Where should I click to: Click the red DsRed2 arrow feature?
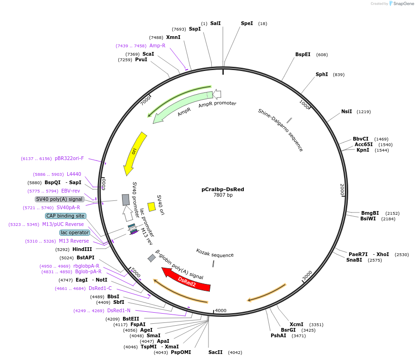click(187, 280)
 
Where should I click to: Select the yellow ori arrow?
click(134, 153)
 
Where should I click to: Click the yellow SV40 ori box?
click(151, 206)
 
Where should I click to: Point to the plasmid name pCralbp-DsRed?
click(223, 189)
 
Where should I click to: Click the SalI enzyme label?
click(215, 23)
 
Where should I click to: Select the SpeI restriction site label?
click(247, 23)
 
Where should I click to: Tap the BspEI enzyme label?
click(303, 54)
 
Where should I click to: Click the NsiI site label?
click(346, 111)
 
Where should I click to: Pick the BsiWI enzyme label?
click(368, 219)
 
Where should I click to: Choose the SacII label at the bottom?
click(215, 352)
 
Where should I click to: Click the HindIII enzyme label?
click(82, 249)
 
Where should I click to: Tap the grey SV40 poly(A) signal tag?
click(59, 199)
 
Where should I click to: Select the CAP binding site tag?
click(65, 216)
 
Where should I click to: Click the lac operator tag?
click(75, 232)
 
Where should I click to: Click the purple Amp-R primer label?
click(157, 45)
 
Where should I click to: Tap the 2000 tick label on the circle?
click(342, 189)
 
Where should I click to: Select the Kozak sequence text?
click(214, 254)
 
